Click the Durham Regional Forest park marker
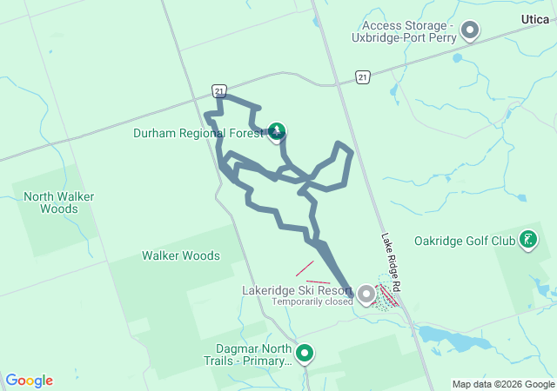(277, 131)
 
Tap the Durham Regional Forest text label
(198, 134)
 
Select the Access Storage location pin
(470, 31)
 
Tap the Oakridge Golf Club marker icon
(527, 239)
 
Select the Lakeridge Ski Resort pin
(366, 295)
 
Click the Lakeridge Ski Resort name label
(298, 291)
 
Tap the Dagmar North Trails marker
(305, 353)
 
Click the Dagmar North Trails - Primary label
(247, 355)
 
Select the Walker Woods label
(181, 255)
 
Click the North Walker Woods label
(59, 202)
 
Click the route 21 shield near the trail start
(218, 90)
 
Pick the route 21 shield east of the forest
(363, 78)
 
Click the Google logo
(30, 381)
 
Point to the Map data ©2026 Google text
(502, 384)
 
